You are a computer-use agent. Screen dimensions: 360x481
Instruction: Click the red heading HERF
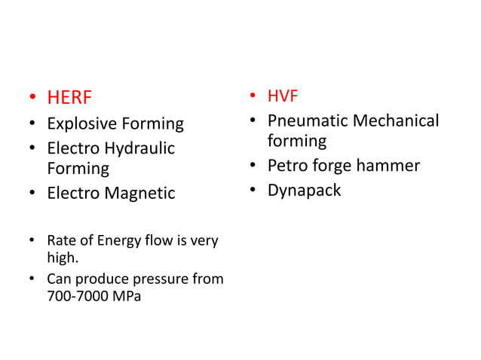[69, 98]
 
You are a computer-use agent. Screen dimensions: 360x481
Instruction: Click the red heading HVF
[283, 96]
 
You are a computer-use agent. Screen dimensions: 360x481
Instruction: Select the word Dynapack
[304, 190]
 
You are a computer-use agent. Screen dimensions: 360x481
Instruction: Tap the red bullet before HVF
[253, 97]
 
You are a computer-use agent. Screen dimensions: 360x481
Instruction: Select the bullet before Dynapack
[253, 191]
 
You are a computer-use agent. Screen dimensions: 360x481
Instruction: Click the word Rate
[60, 241]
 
